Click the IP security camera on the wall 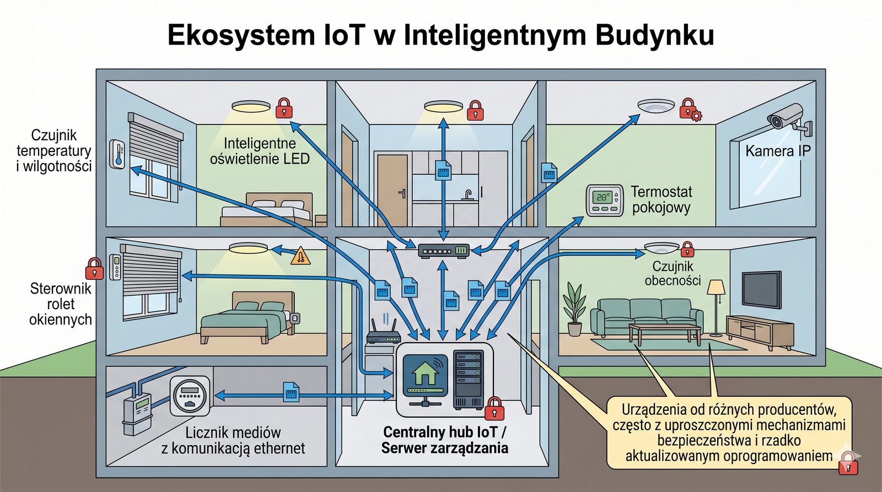tap(787, 118)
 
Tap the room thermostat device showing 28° tap(604, 201)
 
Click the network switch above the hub tap(443, 251)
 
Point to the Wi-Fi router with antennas tap(383, 334)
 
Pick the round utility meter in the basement tap(190, 395)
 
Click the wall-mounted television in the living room tap(761, 289)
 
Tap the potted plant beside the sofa tap(574, 309)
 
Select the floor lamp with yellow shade tap(716, 306)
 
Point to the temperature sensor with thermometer tap(117, 154)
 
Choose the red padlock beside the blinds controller tap(94, 268)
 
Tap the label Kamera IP tap(778, 151)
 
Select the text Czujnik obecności tap(673, 273)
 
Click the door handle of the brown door tap(402, 193)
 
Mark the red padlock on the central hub tap(494, 408)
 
